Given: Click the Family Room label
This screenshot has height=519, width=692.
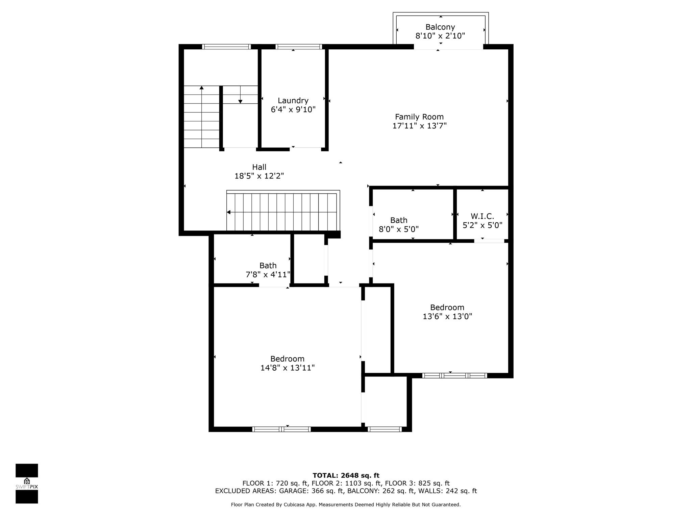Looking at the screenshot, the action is click(x=419, y=117).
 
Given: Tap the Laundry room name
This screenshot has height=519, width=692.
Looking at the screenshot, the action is click(x=293, y=101).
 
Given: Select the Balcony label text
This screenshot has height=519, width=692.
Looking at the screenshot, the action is click(x=440, y=27).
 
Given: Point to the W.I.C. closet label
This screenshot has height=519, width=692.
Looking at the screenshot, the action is click(x=482, y=216).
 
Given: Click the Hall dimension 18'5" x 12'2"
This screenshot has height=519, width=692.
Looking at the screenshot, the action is click(x=259, y=176).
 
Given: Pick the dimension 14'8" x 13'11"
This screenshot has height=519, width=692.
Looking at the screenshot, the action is click(x=288, y=368).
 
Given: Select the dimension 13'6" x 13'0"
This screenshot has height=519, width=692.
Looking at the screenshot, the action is click(x=447, y=317).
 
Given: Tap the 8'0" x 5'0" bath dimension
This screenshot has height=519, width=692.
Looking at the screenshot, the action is click(x=399, y=229).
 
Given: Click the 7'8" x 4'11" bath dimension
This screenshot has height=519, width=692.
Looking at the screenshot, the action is click(x=268, y=275).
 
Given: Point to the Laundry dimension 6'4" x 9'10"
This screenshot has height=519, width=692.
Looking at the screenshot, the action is click(x=293, y=110).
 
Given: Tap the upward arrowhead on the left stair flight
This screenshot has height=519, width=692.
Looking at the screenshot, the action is click(x=202, y=88).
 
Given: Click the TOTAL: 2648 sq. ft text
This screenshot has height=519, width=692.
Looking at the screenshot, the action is click(x=346, y=476).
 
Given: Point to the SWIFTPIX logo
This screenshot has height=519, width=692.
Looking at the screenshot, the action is click(x=27, y=484).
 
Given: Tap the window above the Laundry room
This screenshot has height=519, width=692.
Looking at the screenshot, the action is click(x=299, y=47).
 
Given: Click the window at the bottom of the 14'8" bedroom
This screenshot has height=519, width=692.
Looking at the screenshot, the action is click(x=281, y=429).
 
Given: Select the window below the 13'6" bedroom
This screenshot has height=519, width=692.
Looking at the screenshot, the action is click(x=454, y=375).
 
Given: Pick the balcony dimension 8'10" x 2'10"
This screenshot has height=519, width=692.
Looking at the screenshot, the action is click(x=440, y=36).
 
